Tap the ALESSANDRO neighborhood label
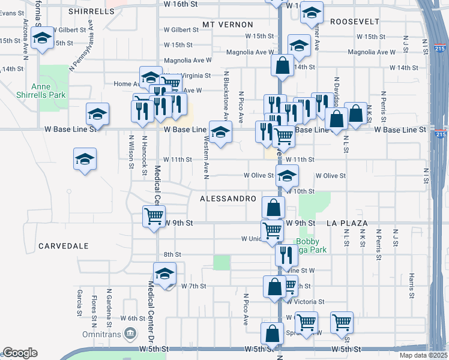point(228,199)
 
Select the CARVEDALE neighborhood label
point(63,246)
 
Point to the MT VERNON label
point(228,24)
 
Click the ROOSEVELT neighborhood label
point(356,21)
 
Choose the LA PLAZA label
point(347,223)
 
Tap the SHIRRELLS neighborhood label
point(91,11)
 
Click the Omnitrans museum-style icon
point(130,334)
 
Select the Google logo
point(19,353)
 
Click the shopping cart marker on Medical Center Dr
point(154,216)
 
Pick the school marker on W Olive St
point(288,175)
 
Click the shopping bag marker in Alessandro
point(274,208)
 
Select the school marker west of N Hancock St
point(85,159)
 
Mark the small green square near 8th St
point(221,262)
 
